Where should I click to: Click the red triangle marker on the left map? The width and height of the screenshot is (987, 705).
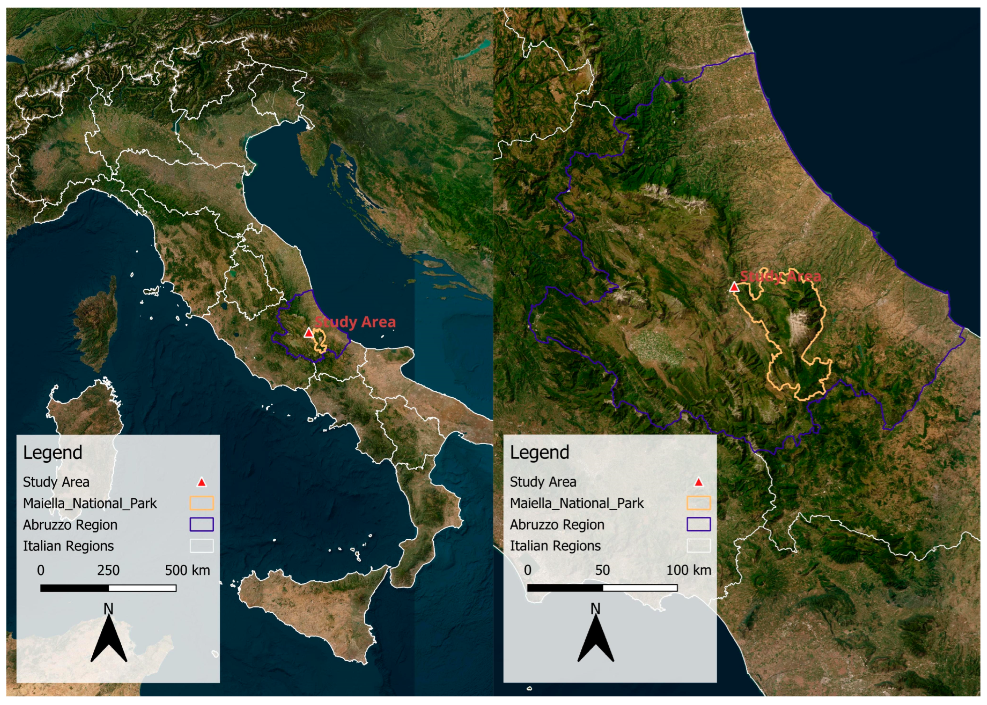click(x=308, y=333)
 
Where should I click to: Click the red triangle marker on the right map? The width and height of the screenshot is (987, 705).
click(x=734, y=287)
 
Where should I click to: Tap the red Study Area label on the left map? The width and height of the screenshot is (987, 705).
click(x=355, y=322)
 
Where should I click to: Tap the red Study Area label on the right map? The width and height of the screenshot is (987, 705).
click(x=780, y=276)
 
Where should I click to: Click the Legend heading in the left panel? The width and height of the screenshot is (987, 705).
click(x=52, y=452)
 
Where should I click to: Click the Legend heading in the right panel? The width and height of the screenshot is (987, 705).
click(x=539, y=452)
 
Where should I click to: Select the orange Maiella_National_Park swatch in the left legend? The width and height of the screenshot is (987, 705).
click(x=201, y=503)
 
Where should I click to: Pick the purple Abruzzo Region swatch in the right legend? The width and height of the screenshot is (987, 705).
click(x=698, y=524)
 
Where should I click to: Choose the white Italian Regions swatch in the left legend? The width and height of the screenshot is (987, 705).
click(x=201, y=546)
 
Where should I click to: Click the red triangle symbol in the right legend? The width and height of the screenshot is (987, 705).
click(x=698, y=482)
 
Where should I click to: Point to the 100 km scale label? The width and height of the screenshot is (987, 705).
click(x=688, y=570)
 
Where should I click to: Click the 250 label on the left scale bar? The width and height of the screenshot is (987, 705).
click(x=108, y=570)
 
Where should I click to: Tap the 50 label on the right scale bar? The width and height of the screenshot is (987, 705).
click(x=603, y=570)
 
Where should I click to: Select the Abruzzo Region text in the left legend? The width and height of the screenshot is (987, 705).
click(x=70, y=525)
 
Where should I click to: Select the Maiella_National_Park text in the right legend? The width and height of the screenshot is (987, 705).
click(x=577, y=504)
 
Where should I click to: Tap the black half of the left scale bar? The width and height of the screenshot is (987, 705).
click(x=75, y=588)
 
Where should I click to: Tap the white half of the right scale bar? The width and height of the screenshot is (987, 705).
click(x=640, y=588)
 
